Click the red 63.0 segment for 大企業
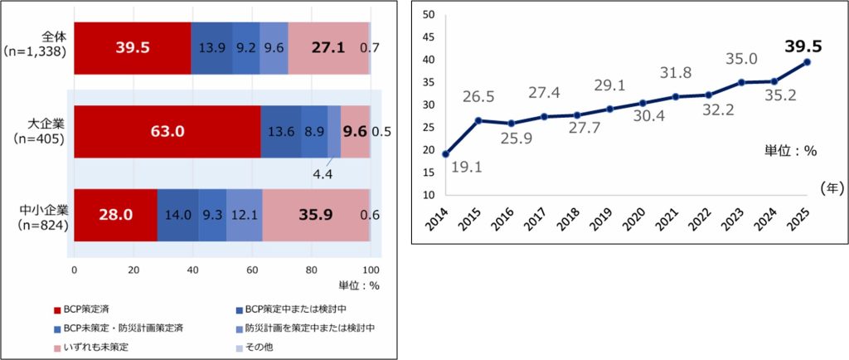[167, 131]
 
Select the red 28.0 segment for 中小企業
[115, 214]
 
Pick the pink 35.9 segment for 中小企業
[316, 214]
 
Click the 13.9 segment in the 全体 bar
[211, 48]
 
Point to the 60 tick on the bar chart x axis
[252, 270]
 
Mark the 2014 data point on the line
[446, 154]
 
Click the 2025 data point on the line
[808, 62]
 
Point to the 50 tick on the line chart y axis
[428, 15]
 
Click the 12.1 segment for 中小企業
[244, 214]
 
